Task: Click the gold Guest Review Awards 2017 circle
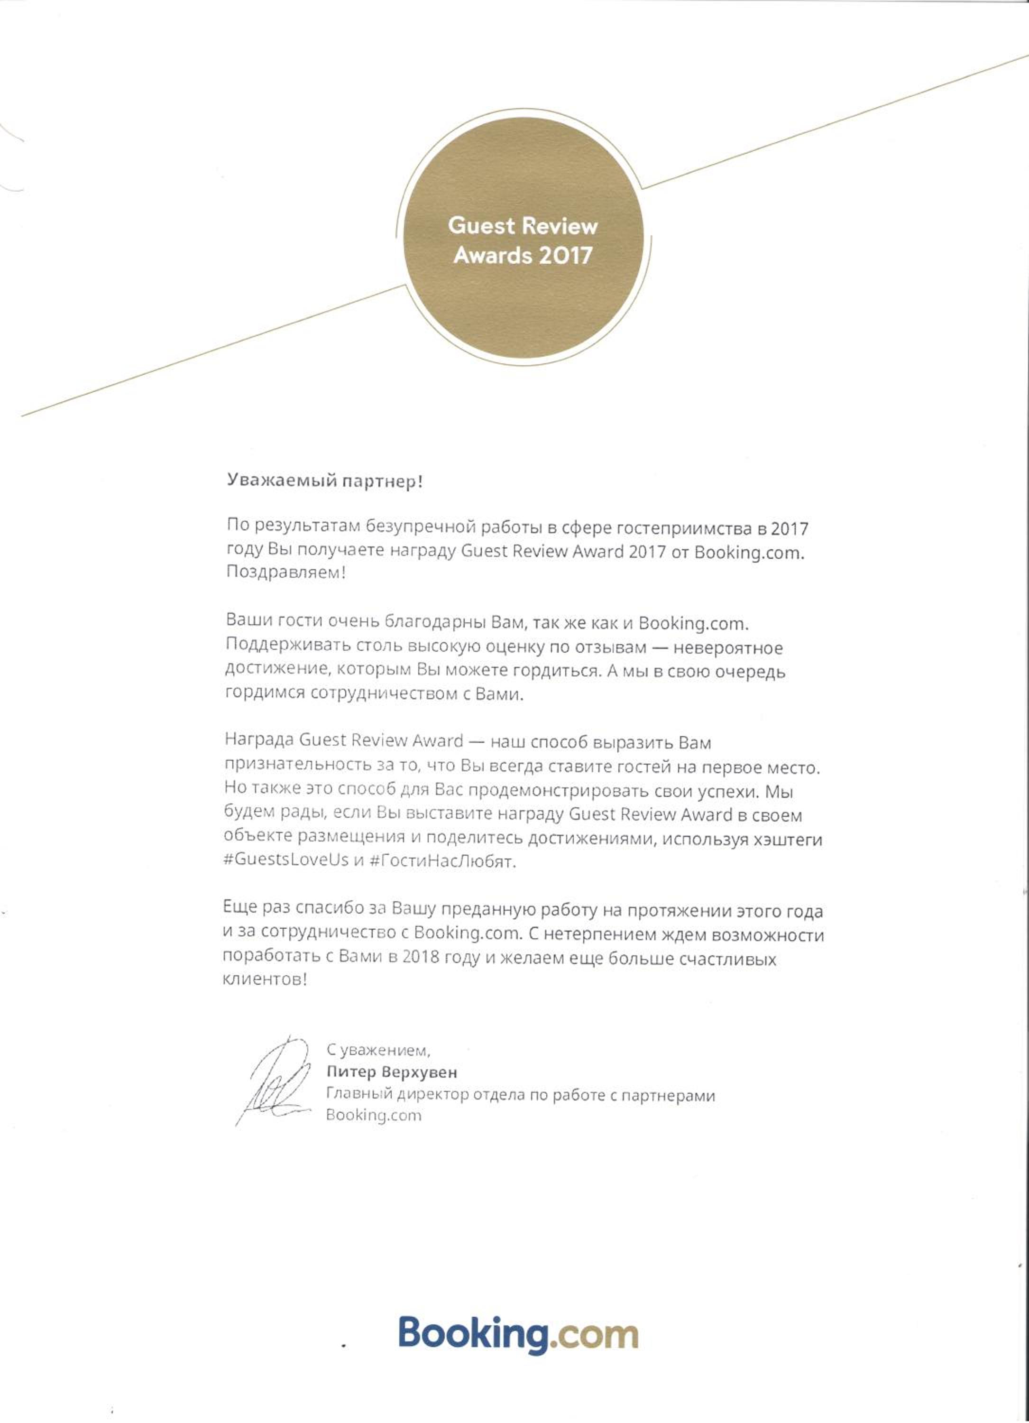click(x=523, y=239)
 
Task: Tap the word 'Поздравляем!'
click(x=285, y=573)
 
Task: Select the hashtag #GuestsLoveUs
click(x=286, y=859)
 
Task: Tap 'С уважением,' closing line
click(x=378, y=1049)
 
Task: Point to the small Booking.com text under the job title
click(x=374, y=1115)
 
